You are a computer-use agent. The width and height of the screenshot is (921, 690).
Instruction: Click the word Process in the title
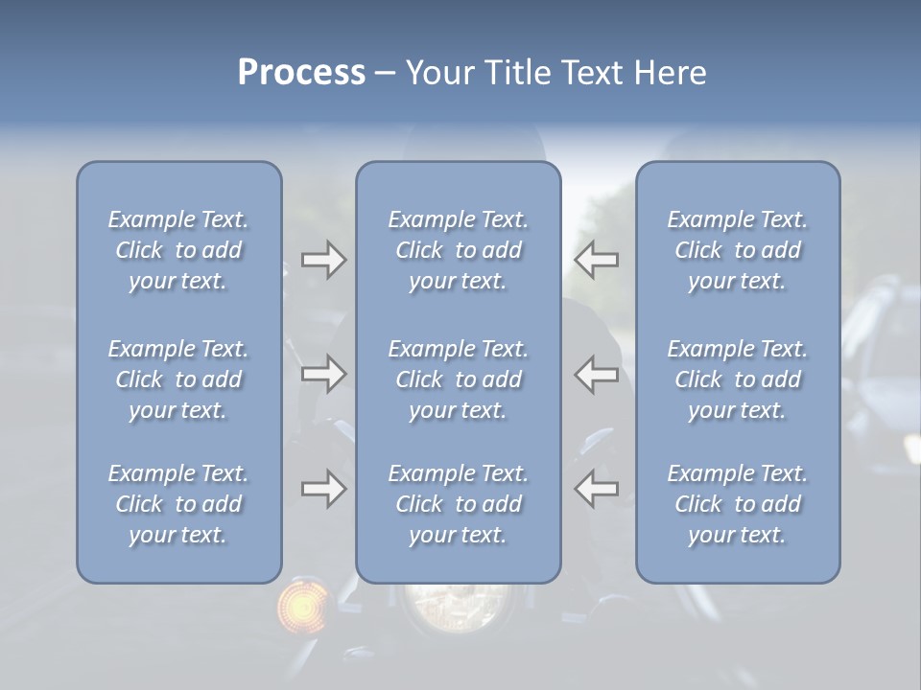coord(301,73)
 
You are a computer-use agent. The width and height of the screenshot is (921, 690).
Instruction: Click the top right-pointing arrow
coord(323,260)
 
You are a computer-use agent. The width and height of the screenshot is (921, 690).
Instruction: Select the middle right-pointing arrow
coord(323,373)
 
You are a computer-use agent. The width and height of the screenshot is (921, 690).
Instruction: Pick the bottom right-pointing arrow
coord(323,489)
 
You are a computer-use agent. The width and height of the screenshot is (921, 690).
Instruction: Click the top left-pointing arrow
coord(597,260)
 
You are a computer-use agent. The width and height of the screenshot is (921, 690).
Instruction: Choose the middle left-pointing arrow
coord(597,373)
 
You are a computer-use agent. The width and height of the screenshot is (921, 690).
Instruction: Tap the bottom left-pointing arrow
coord(597,489)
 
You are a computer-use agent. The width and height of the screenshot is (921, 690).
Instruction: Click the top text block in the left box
coord(178,250)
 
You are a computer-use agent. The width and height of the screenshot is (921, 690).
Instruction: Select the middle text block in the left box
coord(178,379)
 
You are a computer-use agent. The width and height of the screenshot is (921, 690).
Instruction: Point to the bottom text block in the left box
coord(178,504)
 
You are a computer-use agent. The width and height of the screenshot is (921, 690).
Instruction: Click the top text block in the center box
coord(458,250)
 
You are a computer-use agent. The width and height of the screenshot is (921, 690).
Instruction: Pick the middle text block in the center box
coord(458,379)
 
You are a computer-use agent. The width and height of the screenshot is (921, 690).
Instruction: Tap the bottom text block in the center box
coord(458,504)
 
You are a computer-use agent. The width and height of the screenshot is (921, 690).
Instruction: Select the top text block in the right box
coord(738,250)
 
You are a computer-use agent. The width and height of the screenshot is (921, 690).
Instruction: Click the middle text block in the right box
coord(738,379)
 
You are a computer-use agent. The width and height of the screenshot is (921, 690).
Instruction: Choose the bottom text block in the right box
coord(738,504)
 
